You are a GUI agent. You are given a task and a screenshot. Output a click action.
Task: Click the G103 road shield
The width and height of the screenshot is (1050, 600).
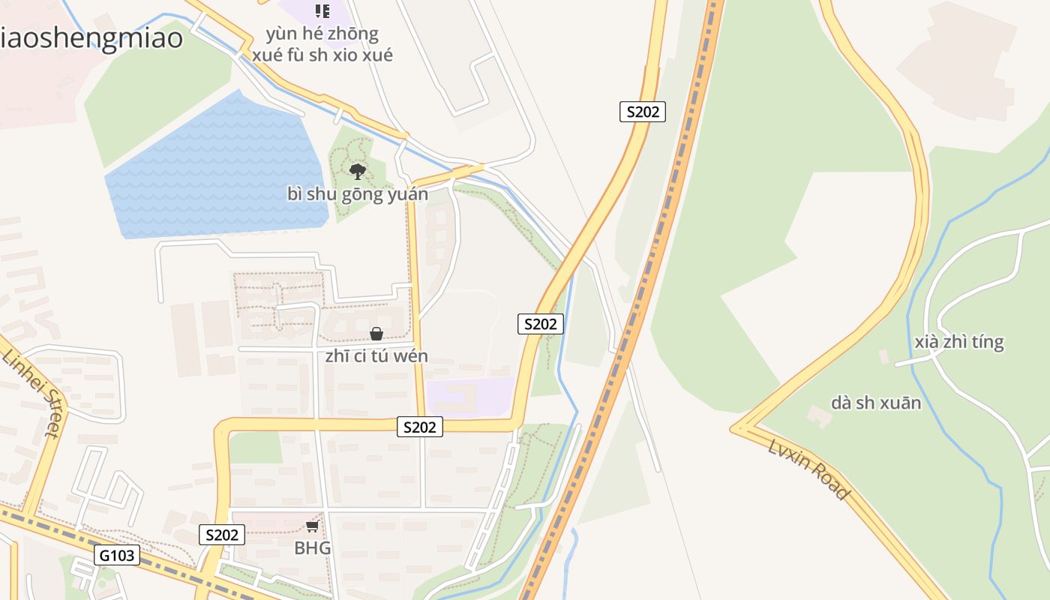117,555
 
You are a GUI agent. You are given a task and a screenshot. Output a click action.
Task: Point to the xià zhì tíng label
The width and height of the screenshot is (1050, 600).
958,342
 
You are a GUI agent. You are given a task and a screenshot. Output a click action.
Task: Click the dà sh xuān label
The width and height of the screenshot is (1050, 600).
875,403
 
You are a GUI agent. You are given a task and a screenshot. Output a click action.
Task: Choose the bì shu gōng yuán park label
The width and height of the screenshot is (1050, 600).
358,194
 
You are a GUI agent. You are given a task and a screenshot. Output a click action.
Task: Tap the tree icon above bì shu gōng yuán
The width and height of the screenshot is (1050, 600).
358,172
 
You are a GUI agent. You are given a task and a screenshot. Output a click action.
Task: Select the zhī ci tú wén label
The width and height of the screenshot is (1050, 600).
376,355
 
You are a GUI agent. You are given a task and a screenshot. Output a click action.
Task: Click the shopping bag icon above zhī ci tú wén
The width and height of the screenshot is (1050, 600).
376,334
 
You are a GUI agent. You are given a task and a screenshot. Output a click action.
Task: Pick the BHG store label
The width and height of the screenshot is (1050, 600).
312,547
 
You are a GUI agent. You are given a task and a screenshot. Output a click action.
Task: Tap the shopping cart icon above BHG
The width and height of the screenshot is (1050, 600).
312,526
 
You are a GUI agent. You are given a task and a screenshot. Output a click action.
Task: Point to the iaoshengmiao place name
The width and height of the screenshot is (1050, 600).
91,37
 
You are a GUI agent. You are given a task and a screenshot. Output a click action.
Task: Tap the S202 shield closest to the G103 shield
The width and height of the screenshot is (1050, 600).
222,535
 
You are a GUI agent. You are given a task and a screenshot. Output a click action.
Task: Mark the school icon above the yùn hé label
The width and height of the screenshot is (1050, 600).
322,11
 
